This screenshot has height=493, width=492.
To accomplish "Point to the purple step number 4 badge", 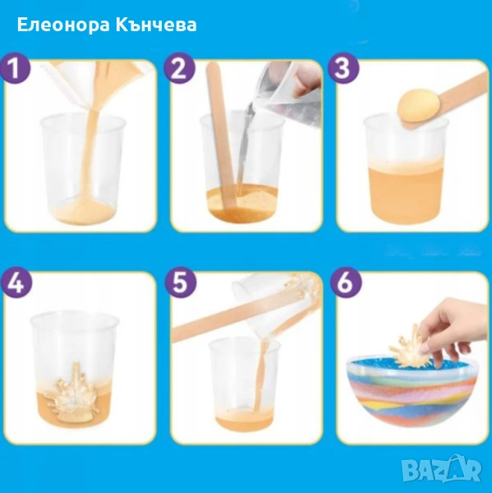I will [x=16, y=284].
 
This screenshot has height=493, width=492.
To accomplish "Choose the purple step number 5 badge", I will [x=181, y=284].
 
